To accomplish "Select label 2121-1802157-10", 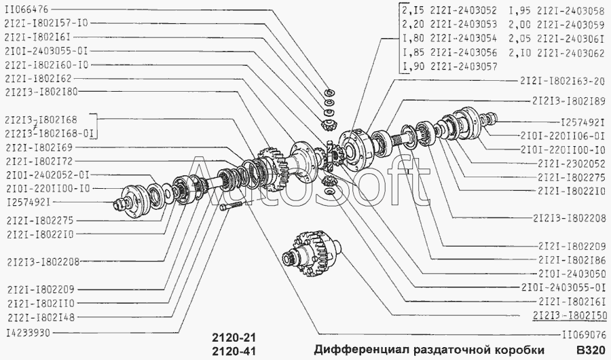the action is click(46, 22).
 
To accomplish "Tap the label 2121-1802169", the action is click(40, 147).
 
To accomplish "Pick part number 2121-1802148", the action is click(40, 318).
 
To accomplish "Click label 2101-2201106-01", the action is click(562, 136).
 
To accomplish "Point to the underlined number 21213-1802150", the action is click(569, 315).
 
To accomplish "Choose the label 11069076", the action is click(583, 334).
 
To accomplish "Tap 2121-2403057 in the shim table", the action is click(464, 67).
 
